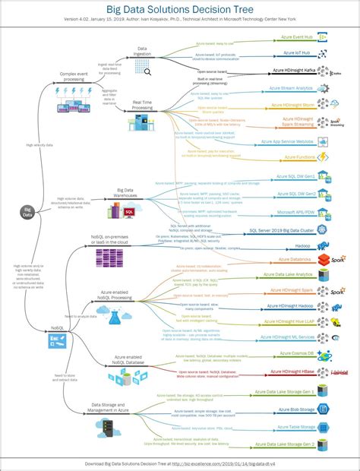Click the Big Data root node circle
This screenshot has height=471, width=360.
28,210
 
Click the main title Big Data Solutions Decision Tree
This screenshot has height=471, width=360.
179,8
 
